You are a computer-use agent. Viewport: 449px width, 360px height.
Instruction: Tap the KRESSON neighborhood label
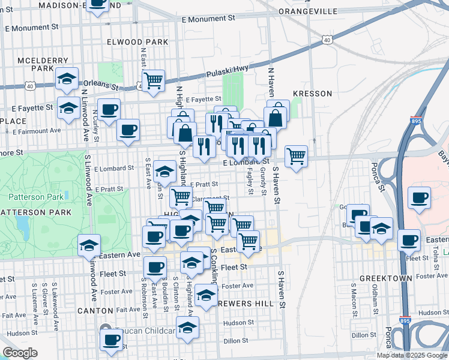(x=312, y=94)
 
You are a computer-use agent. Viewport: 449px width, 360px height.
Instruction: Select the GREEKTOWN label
(x=385, y=279)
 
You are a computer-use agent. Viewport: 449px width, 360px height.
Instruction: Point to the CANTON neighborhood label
(x=95, y=311)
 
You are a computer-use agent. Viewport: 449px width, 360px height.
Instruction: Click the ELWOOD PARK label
(x=137, y=42)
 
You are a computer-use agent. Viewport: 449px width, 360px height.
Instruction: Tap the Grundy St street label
(x=262, y=181)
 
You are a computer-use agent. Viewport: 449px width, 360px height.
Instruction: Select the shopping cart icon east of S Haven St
(x=296, y=155)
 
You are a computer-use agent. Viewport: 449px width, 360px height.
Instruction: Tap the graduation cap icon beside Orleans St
(x=68, y=79)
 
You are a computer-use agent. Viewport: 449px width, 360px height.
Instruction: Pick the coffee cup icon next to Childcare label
(x=110, y=340)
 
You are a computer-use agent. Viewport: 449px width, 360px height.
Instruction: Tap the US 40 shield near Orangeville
(x=326, y=40)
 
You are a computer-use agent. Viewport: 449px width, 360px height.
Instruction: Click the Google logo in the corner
(x=20, y=353)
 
